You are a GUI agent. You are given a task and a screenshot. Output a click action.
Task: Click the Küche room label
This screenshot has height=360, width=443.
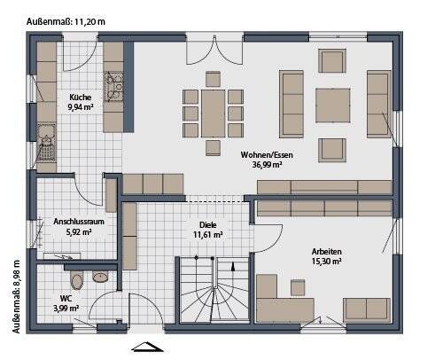[81, 98]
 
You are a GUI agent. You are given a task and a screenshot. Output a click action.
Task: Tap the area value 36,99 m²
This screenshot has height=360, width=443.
[267, 165]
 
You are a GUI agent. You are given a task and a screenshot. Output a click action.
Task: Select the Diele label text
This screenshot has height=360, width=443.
[208, 225]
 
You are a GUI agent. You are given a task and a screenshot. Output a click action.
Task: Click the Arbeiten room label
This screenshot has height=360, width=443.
[327, 252]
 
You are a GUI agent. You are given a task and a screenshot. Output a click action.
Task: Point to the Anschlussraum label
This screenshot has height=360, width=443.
[79, 222]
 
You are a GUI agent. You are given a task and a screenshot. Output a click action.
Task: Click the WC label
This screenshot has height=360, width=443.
[66, 298]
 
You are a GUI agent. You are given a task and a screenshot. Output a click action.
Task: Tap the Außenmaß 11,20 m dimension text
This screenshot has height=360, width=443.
[66, 21]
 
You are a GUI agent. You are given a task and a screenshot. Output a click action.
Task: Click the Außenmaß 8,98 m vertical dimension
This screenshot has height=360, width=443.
[17, 296]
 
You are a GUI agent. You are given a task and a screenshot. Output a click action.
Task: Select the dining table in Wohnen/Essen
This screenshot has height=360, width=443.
[214, 113]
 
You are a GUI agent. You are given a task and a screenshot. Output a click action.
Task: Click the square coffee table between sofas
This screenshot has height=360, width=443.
[333, 106]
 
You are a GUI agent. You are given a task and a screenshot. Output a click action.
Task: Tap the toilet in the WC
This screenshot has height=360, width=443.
[77, 279]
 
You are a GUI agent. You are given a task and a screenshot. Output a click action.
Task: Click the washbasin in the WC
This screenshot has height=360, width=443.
[100, 277]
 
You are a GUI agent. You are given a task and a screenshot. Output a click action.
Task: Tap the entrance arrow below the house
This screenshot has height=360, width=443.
[147, 347]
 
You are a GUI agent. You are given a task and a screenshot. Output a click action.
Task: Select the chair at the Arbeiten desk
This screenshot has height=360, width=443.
[298, 287]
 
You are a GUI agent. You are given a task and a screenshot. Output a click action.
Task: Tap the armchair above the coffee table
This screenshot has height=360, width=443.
[332, 61]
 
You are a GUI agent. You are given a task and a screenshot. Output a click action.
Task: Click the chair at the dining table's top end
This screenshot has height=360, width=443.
[214, 79]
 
